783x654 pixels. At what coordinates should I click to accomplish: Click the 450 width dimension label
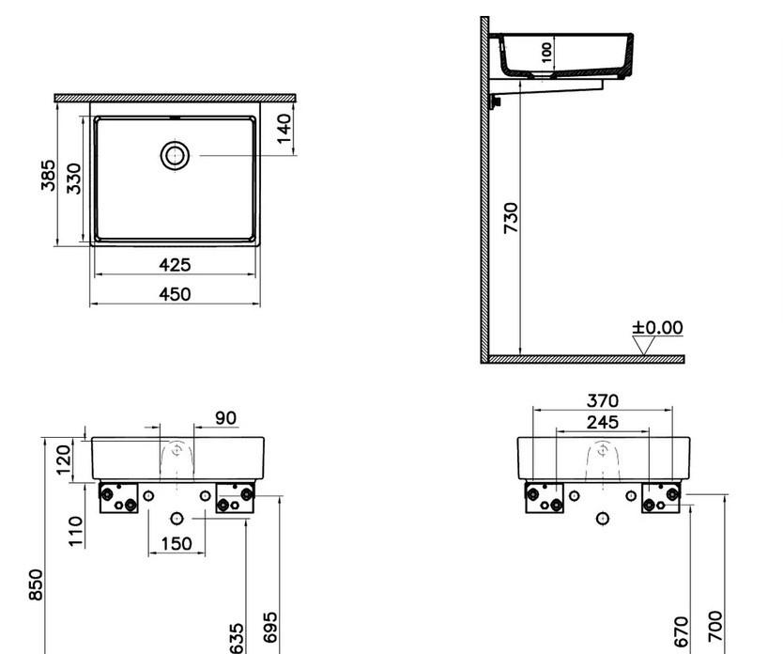[174, 294]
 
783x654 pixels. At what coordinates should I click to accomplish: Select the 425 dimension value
[174, 265]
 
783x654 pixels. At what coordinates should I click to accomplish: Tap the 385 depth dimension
[48, 176]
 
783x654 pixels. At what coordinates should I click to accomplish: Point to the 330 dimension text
[72, 178]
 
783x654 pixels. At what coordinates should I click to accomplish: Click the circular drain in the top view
[175, 155]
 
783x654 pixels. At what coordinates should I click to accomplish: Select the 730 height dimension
[511, 218]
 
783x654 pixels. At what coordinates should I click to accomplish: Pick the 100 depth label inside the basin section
[547, 51]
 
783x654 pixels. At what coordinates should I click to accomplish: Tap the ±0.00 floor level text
[657, 327]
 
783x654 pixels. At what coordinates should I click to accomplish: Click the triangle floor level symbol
[644, 345]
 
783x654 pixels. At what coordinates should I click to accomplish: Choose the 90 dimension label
[226, 417]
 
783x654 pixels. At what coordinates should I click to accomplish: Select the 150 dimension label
[176, 543]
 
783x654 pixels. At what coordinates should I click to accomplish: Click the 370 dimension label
[602, 401]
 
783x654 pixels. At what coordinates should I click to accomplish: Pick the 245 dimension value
[602, 422]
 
